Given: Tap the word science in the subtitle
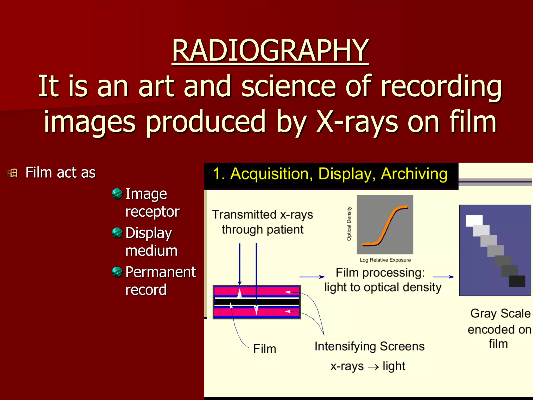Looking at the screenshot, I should pyautogui.click(x=288, y=86).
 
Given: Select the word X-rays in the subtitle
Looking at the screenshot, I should pyautogui.click(x=357, y=122).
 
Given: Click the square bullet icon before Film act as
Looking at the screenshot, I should pyautogui.click(x=12, y=173).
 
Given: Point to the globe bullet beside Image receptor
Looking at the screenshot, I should pyautogui.click(x=117, y=194).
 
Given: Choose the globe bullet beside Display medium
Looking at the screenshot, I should pyautogui.click(x=117, y=233).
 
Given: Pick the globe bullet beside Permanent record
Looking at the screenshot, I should pyautogui.click(x=117, y=272).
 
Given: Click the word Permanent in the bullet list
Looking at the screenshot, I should pyautogui.click(x=161, y=272).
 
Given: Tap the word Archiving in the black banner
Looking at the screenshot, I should pyautogui.click(x=414, y=174).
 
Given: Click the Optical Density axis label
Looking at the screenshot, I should pyautogui.click(x=349, y=223).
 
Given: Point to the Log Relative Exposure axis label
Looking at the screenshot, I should pyautogui.click(x=385, y=260).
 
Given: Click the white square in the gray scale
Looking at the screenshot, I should pyautogui.click(x=474, y=220).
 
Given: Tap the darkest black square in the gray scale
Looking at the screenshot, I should pyautogui.click(x=517, y=281).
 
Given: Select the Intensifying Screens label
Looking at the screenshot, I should pyautogui.click(x=370, y=346).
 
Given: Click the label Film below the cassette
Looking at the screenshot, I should pyautogui.click(x=264, y=349).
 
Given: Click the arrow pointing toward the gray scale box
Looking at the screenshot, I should pyautogui.click(x=443, y=277).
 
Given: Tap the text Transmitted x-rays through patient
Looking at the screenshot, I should pyautogui.click(x=262, y=222).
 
